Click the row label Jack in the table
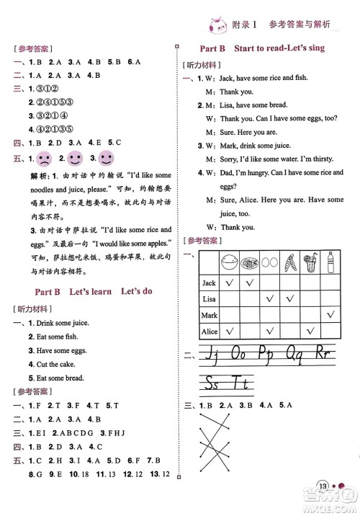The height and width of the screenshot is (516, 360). coord(209,283)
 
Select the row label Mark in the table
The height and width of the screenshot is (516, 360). coord(209,315)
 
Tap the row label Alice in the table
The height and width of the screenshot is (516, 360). coord(209,331)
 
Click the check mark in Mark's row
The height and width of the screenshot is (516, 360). coord(330,315)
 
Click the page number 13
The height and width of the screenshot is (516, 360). coord(323,505)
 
